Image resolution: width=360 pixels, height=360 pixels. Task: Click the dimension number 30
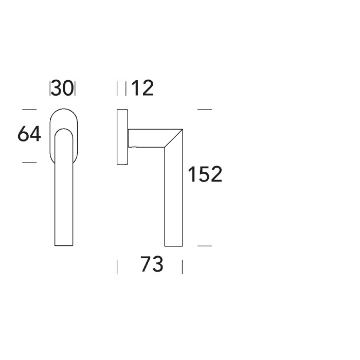point(62,88)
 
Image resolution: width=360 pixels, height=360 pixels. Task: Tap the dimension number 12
point(142,88)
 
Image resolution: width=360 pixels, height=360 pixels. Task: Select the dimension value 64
point(29,134)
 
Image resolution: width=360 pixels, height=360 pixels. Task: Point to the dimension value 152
point(205,174)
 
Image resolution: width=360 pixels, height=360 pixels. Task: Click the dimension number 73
point(152,264)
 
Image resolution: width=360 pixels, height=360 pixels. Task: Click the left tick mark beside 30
point(50,88)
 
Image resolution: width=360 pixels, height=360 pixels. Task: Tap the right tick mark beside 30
point(75,88)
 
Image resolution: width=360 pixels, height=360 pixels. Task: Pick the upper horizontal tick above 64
point(29,110)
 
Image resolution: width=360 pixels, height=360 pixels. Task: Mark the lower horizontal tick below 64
point(29,163)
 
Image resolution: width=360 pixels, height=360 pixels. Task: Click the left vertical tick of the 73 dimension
point(117,267)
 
